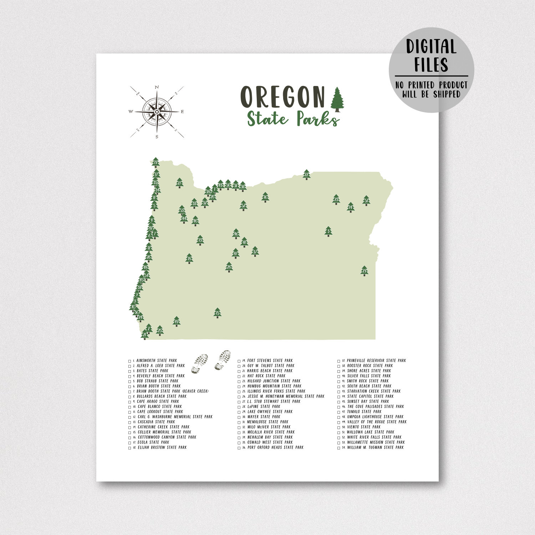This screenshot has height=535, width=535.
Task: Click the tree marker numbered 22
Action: (306, 175)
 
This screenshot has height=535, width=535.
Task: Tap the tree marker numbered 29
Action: (364, 271)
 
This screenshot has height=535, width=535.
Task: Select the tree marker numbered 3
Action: (328, 231)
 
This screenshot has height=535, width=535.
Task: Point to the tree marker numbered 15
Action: (217, 313)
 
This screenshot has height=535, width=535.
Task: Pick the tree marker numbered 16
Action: (265, 197)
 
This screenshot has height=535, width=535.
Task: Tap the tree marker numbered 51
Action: (366, 201)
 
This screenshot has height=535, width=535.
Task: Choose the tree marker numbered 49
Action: (176, 321)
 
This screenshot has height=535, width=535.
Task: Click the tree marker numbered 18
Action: (189, 259)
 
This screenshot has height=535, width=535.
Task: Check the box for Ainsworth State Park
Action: (130, 361)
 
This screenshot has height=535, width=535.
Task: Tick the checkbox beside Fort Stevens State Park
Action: (239, 361)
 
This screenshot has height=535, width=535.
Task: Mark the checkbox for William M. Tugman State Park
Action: (339, 448)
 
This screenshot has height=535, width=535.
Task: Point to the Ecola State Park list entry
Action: (153, 442)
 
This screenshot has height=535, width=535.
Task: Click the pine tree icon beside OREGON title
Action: (337, 100)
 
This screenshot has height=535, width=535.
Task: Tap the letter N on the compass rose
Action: (157, 87)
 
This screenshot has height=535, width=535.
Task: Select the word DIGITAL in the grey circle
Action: (431, 47)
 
